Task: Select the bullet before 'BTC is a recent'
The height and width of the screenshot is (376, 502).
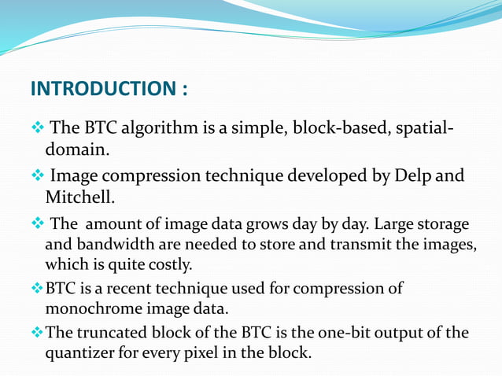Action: click(36, 288)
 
